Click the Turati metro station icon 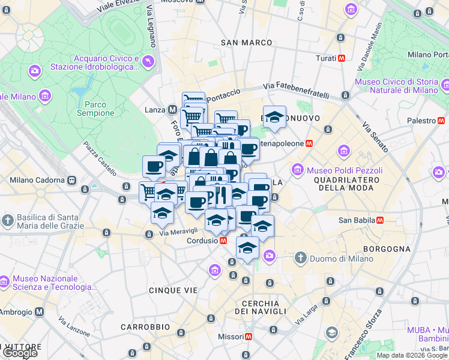click(342, 58)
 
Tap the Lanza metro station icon click(173, 110)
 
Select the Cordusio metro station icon click(223, 240)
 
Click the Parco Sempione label click(95, 108)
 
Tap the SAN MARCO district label click(246, 43)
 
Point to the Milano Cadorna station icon click(72, 180)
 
